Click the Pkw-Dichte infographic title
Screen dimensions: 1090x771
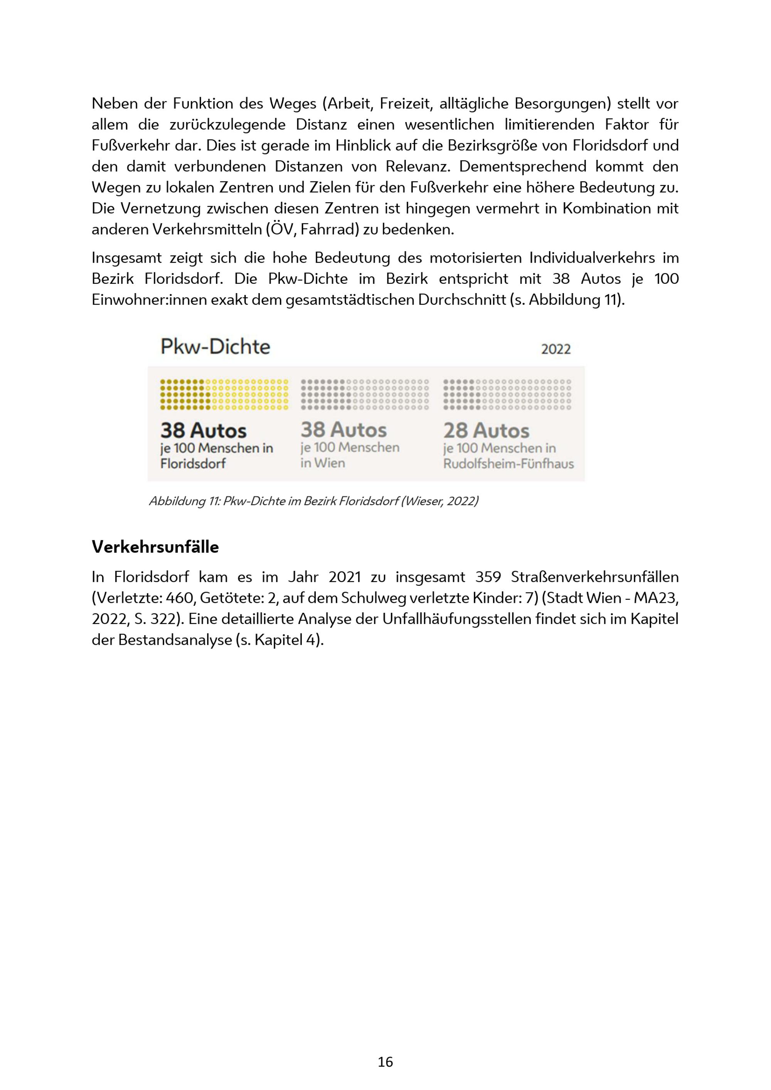click(x=215, y=347)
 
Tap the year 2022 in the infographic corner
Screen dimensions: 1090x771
click(x=556, y=349)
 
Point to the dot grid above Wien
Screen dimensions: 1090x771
click(x=365, y=394)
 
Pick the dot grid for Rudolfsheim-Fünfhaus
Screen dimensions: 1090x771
click(x=507, y=394)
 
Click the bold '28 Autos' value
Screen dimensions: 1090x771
click(x=486, y=431)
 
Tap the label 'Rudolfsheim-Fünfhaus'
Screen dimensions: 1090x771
click(x=508, y=464)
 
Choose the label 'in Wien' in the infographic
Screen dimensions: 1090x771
click(x=323, y=463)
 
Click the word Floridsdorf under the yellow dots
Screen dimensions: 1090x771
click(x=193, y=464)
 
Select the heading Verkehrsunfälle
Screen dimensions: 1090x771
click(x=155, y=547)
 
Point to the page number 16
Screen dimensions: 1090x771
click(x=385, y=1062)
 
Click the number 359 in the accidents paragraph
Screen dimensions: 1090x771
click(x=488, y=577)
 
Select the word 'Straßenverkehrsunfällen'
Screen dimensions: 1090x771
click(x=595, y=577)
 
